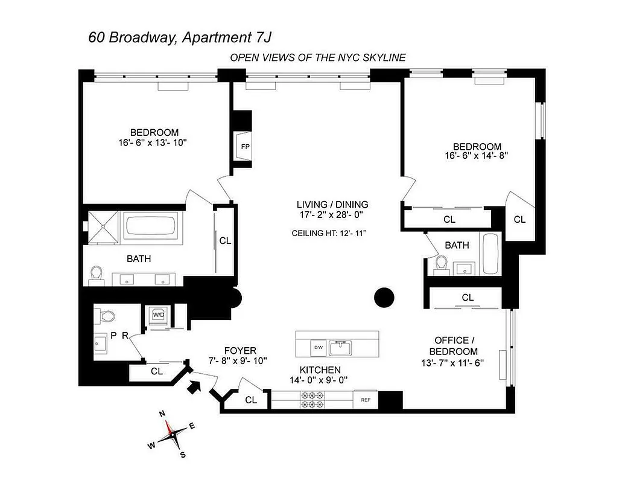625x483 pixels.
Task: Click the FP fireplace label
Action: pyautogui.click(x=244, y=147)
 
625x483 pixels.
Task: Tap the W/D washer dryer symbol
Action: pyautogui.click(x=159, y=315)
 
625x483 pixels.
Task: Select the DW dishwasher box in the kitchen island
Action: pyautogui.click(x=318, y=347)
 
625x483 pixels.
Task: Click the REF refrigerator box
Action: pyautogui.click(x=365, y=399)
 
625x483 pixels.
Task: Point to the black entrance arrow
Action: pyautogui.click(x=195, y=386)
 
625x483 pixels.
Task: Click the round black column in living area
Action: pyautogui.click(x=384, y=297)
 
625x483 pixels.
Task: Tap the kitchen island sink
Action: pyautogui.click(x=344, y=347)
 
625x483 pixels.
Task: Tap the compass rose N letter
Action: pyautogui.click(x=162, y=414)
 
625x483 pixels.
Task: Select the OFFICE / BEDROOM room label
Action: pyautogui.click(x=453, y=346)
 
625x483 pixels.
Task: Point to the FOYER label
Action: pyautogui.click(x=240, y=350)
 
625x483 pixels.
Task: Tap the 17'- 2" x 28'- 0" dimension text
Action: pyautogui.click(x=332, y=214)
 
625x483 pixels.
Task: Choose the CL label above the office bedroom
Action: pyautogui.click(x=468, y=297)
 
